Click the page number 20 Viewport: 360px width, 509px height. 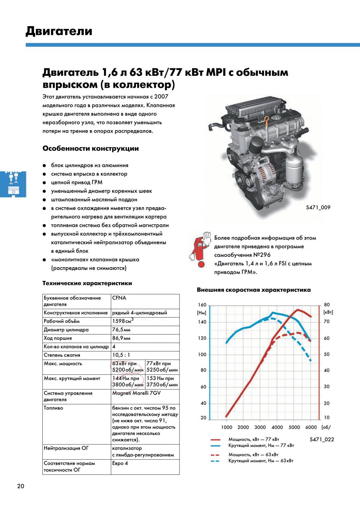pos(20,486)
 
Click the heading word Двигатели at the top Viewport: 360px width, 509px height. pos(59,31)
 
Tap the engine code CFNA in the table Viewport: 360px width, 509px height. pos(119,298)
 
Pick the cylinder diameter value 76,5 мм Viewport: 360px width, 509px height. pos(121,330)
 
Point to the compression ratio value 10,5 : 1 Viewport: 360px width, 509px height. pos(121,355)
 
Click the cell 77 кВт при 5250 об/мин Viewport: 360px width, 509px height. pos(162,367)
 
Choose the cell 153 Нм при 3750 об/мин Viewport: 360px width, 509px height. pos(162,381)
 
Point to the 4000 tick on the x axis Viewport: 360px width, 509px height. pos(277,427)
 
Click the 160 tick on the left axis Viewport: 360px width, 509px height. pos(202,305)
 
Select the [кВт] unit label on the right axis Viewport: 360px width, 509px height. pos(328,312)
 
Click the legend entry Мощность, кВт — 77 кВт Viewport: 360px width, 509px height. pos(254,439)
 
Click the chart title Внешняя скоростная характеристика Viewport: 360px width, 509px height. pos(254,290)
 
